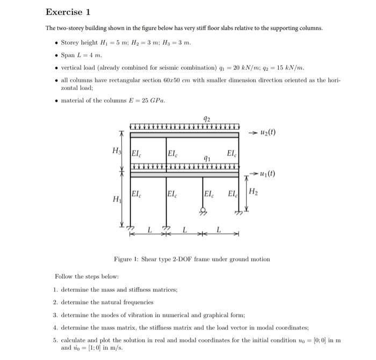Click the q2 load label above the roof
(x=207, y=118)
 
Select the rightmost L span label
(x=219, y=231)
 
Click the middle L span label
(x=184, y=231)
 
